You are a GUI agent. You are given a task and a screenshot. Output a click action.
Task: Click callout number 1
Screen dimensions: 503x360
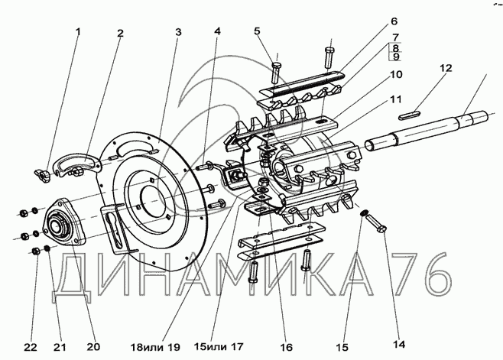[x=78, y=32]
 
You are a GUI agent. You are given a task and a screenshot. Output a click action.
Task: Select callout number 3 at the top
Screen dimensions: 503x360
[x=178, y=32]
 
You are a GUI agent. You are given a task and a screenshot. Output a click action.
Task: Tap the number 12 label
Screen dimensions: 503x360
[x=446, y=68]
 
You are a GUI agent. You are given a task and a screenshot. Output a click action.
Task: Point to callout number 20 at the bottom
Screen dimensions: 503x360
[x=93, y=347]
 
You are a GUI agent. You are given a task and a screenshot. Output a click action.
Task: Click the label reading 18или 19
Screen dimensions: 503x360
[x=155, y=347]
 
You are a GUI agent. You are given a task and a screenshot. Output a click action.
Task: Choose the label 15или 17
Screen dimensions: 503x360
[x=219, y=346]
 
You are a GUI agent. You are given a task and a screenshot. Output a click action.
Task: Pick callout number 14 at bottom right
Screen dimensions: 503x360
[x=399, y=345]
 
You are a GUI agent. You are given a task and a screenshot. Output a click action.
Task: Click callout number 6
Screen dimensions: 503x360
[x=394, y=21]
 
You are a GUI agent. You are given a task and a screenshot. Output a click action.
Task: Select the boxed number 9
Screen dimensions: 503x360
[x=396, y=57]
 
